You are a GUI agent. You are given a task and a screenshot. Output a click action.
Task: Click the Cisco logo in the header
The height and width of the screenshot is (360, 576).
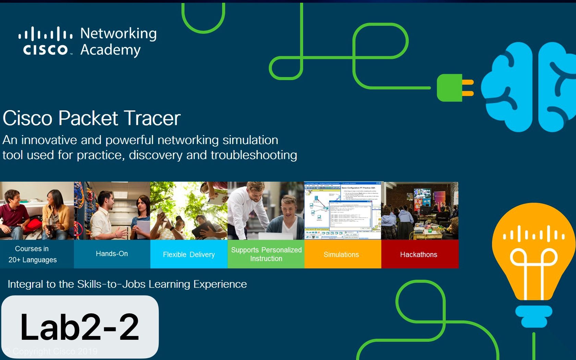click(45, 41)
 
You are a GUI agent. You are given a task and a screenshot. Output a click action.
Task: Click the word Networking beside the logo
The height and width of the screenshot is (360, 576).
click(118, 34)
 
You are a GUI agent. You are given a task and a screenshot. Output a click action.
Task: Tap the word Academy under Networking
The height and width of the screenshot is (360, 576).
click(110, 50)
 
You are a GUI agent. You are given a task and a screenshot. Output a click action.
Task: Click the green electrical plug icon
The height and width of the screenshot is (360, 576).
click(454, 88)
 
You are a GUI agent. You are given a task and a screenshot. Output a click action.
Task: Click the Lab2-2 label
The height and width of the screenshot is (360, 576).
click(80, 327)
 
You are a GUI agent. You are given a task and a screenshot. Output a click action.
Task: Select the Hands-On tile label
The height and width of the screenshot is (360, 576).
click(112, 254)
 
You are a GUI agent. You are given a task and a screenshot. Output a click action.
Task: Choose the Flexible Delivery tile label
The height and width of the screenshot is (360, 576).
click(189, 254)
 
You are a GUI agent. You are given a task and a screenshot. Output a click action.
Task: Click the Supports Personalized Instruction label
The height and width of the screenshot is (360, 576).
click(266, 254)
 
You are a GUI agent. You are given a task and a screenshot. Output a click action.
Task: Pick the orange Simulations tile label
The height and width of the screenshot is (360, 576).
click(341, 254)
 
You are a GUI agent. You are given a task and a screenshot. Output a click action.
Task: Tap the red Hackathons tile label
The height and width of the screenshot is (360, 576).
click(419, 254)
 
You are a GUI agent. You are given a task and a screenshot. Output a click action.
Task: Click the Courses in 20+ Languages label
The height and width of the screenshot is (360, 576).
click(33, 254)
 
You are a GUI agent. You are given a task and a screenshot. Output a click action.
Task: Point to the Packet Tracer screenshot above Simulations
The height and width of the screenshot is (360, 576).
click(343, 211)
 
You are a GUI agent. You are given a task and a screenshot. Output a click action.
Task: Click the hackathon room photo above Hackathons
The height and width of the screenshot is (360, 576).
click(420, 211)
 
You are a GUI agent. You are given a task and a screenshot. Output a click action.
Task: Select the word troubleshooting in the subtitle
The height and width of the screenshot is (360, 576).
click(254, 155)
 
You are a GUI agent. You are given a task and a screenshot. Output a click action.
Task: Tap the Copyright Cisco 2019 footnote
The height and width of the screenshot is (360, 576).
click(51, 351)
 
